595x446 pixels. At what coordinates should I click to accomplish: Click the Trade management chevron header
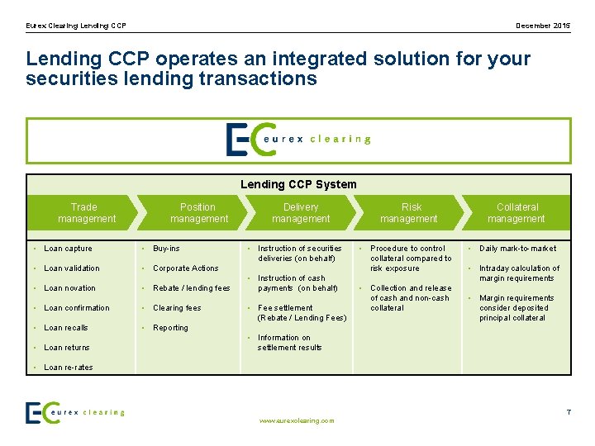84,213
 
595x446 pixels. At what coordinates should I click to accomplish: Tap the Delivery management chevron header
301,213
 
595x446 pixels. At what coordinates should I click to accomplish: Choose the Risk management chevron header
410,213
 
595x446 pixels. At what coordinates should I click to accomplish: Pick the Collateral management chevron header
516,213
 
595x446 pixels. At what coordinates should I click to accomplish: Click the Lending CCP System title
298,184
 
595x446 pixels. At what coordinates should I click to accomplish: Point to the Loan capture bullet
68,249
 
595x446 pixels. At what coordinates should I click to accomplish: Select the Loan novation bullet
69,288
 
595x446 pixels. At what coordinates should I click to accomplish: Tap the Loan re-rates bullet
68,368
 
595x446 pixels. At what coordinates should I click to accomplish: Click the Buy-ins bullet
166,249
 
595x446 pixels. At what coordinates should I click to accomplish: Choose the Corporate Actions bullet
185,268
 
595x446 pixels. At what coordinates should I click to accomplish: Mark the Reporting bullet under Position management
170,328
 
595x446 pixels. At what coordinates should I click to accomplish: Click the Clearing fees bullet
177,308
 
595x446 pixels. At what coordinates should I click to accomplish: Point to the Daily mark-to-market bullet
517,249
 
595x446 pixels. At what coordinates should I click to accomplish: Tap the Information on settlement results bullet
289,343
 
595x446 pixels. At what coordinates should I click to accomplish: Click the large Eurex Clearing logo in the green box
298,140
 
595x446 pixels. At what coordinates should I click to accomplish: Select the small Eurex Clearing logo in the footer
75,412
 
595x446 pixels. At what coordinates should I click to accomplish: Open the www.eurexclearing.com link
297,420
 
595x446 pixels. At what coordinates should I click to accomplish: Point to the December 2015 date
543,26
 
